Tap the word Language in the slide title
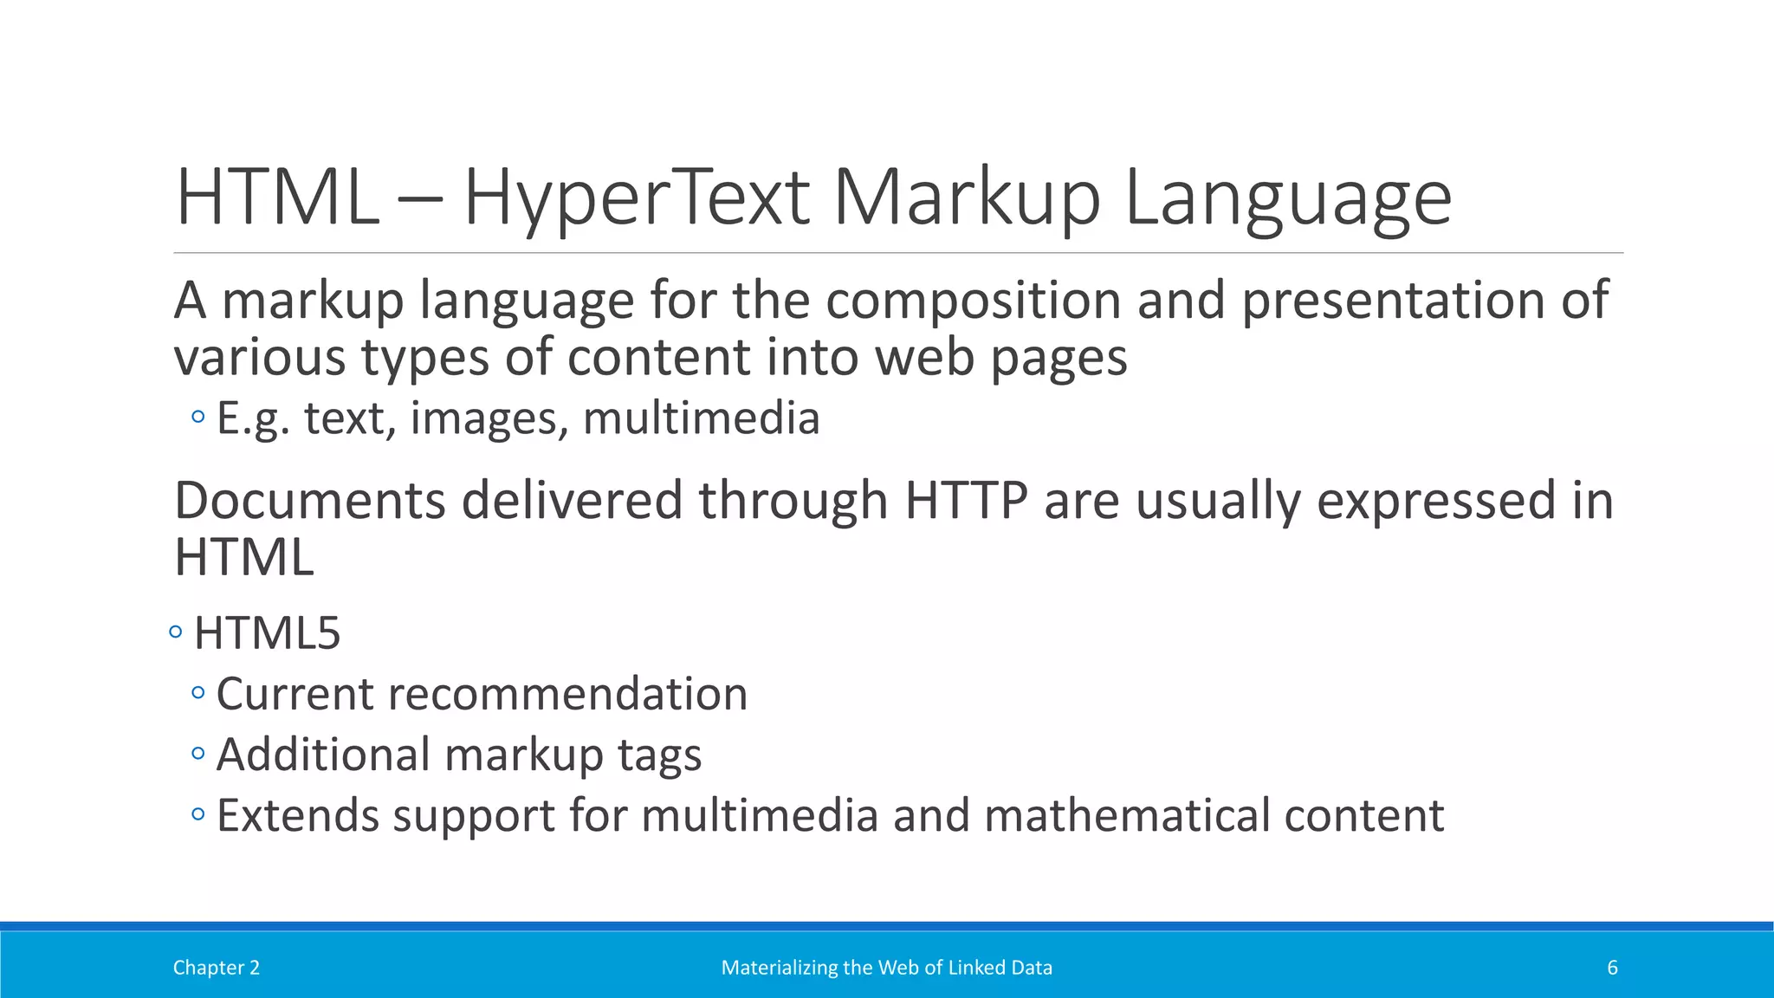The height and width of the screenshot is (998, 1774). click(1287, 199)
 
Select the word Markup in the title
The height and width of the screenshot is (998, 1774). click(967, 199)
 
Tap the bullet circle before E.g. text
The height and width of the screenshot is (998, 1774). click(198, 418)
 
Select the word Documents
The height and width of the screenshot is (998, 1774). click(309, 501)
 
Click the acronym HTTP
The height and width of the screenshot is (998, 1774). click(966, 501)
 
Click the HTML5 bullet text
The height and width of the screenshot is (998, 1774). click(267, 633)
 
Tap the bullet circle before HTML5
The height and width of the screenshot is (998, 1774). click(176, 632)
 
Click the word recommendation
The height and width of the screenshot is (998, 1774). click(567, 694)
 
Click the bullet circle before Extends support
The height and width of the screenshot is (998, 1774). click(198, 814)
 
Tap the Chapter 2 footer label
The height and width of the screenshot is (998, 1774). click(216, 968)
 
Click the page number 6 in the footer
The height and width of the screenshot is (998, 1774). click(1612, 968)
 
